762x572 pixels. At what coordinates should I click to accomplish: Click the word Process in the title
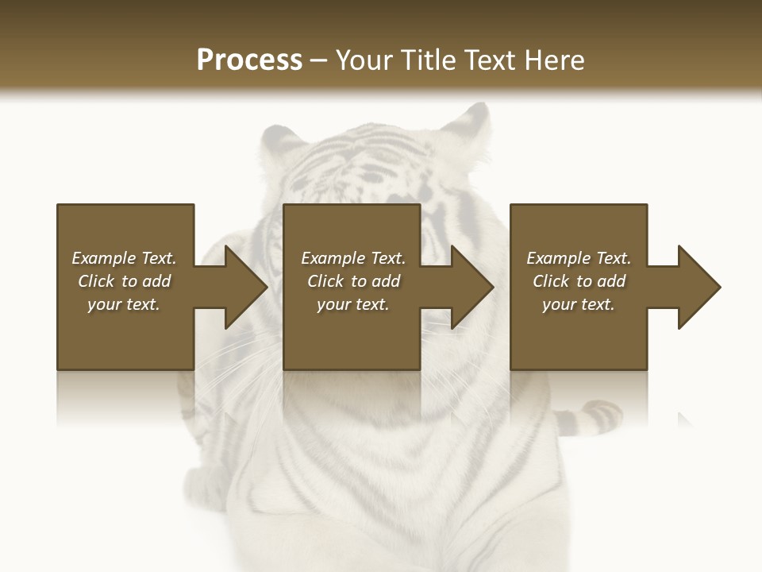[249, 60]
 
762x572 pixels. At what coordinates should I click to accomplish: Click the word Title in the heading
[426, 60]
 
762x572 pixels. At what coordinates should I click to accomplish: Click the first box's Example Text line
[124, 258]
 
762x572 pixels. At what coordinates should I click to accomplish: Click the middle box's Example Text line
[353, 258]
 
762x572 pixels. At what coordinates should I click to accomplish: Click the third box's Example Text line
[579, 258]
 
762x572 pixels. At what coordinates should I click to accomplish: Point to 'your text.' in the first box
[124, 304]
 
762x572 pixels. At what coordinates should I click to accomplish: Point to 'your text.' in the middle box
[353, 304]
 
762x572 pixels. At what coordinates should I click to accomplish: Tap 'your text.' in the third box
[579, 304]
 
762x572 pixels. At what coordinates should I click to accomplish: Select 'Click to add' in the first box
[124, 281]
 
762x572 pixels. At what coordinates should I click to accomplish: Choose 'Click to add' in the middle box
[353, 281]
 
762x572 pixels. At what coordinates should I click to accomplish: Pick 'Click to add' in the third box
[579, 281]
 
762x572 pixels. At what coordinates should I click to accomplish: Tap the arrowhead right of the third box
[698, 287]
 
